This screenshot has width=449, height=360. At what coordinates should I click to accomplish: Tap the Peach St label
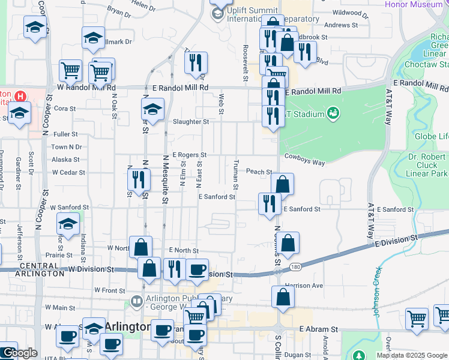pos(259,172)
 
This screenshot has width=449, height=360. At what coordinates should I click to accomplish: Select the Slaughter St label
pos(190,121)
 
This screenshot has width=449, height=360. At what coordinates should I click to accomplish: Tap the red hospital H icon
pos(20,96)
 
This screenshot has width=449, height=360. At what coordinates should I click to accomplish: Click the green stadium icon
pos(333,112)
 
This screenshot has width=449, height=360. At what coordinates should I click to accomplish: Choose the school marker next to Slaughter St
pos(152,110)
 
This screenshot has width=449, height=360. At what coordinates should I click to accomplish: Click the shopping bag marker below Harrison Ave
pos(283,296)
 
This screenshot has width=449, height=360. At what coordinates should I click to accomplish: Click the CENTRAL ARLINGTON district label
pos(41,269)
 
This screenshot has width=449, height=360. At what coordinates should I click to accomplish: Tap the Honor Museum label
pos(418,5)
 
